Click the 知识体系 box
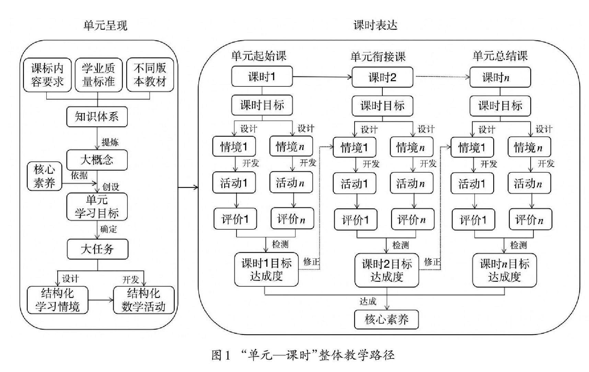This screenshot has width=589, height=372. pyautogui.click(x=97, y=117)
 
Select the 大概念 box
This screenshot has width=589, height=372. pyautogui.click(x=97, y=160)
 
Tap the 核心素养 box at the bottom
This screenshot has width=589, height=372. pyautogui.click(x=386, y=320)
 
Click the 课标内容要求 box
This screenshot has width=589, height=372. pyautogui.click(x=47, y=75)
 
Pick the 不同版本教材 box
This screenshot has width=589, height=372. pyautogui.click(x=150, y=75)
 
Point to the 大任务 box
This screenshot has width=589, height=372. pyautogui.click(x=97, y=249)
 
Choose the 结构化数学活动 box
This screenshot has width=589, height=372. pyautogui.click(x=143, y=300)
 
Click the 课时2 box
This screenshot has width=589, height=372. pyautogui.click(x=382, y=77)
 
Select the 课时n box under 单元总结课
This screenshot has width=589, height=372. pyautogui.click(x=500, y=77)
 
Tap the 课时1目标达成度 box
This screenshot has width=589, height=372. pyautogui.click(x=266, y=270)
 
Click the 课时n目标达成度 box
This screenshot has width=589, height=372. pyautogui.click(x=504, y=271)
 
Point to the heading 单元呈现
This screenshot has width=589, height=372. pyautogui.click(x=105, y=25)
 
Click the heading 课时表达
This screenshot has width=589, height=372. pyautogui.click(x=376, y=25)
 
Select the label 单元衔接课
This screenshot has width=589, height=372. pyautogui.click(x=378, y=57)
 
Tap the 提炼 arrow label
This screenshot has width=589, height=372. pyautogui.click(x=110, y=142)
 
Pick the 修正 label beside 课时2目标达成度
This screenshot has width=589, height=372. pyautogui.click(x=432, y=262)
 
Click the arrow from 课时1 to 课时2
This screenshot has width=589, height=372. pyautogui.click(x=322, y=77)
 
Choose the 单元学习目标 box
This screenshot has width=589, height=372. pyautogui.click(x=97, y=207)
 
